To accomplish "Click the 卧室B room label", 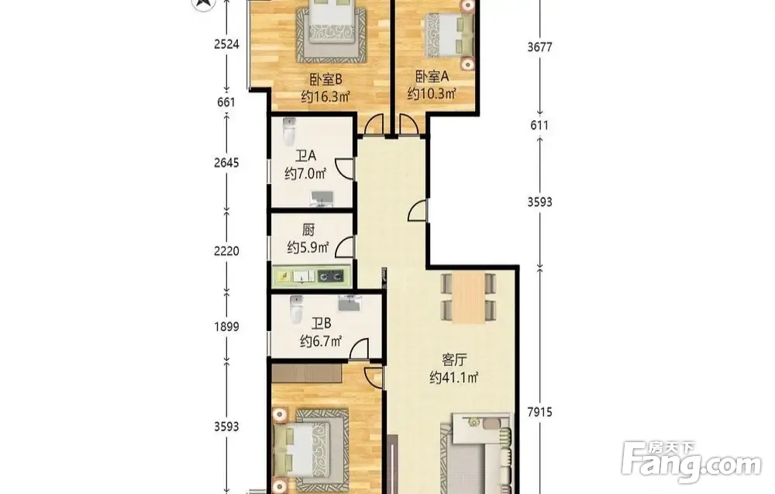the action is tap(325, 79).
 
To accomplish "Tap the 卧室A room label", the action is tap(432, 77).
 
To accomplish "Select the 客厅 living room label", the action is tap(453, 360).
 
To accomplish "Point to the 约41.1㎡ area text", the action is tap(453, 378).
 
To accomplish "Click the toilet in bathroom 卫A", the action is tap(288, 132).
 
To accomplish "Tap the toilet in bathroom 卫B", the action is tap(296, 309).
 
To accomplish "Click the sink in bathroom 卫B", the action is tap(350, 302).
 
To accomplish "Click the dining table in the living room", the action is tap(469, 298).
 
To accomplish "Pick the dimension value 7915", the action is tap(539, 412).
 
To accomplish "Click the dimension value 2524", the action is tap(226, 44).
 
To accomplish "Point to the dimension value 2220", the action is tap(226, 250).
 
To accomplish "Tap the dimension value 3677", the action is tap(539, 47).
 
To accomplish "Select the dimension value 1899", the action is tap(226, 326).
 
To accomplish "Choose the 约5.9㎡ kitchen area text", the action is tap(308, 247).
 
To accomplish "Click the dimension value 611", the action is tap(539, 125).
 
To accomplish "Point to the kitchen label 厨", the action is tap(308, 230).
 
